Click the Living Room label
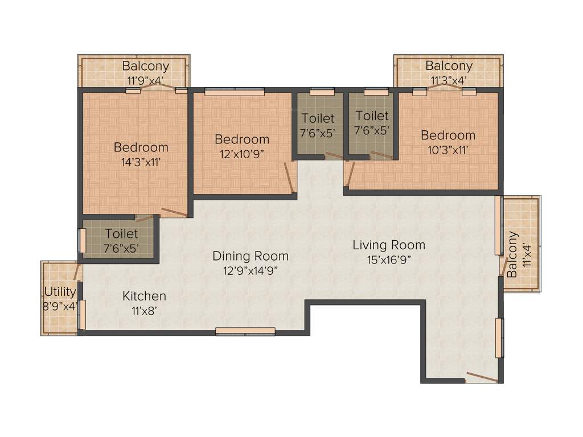(x=389, y=245)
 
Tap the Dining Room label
(x=251, y=256)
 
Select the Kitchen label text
(x=145, y=296)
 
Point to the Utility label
(x=60, y=292)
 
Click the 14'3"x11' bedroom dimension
(x=141, y=161)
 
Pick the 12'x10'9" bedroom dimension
(x=242, y=153)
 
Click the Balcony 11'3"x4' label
(x=449, y=66)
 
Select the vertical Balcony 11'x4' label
(x=513, y=254)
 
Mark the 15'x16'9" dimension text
(x=389, y=259)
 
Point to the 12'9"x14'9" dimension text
(x=251, y=270)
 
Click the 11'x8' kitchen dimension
(x=145, y=311)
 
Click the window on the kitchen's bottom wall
(x=245, y=331)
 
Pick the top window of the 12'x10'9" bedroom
(x=235, y=90)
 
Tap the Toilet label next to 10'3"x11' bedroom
(x=372, y=116)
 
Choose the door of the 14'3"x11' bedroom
(x=174, y=213)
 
